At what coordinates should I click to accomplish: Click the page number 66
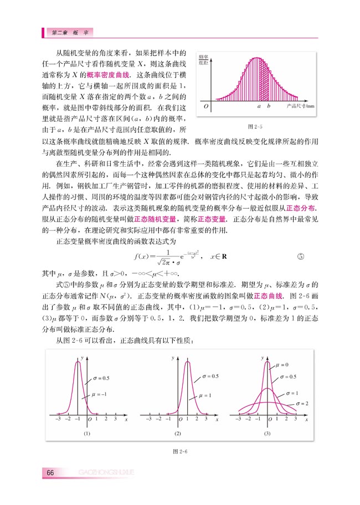coord(50,472)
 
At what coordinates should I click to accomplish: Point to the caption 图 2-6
coord(181,451)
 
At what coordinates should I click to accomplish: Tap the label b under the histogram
coord(268,105)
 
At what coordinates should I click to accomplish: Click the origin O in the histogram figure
coord(205,105)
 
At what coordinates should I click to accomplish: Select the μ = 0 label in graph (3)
coord(282,364)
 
